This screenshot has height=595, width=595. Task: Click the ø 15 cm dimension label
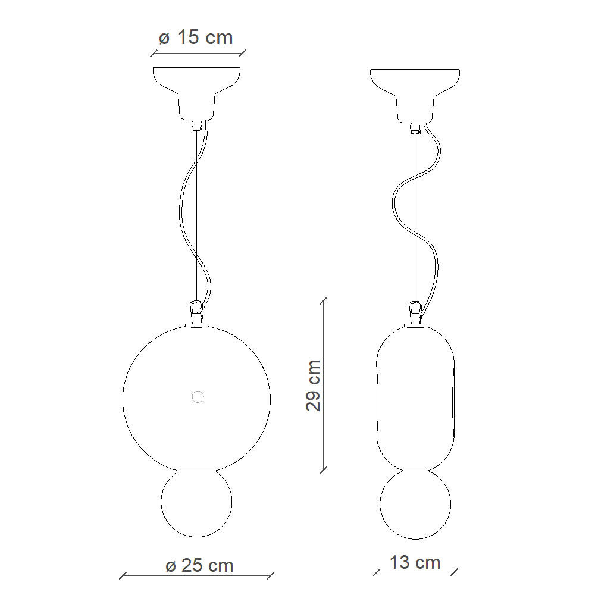tap(196, 37)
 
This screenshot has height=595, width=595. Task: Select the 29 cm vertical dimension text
tap(314, 385)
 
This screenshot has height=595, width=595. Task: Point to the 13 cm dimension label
tap(415, 562)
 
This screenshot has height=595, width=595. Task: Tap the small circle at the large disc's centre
tap(197, 397)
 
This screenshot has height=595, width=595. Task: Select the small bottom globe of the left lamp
tap(196, 503)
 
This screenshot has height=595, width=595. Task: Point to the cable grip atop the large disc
tap(195, 310)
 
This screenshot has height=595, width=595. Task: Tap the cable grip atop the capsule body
tap(415, 310)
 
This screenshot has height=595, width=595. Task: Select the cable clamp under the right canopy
tap(415, 127)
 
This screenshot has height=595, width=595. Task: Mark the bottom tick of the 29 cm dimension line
tap(324, 470)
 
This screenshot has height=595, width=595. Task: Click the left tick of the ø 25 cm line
tap(123, 576)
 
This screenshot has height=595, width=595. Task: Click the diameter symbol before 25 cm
tap(171, 565)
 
